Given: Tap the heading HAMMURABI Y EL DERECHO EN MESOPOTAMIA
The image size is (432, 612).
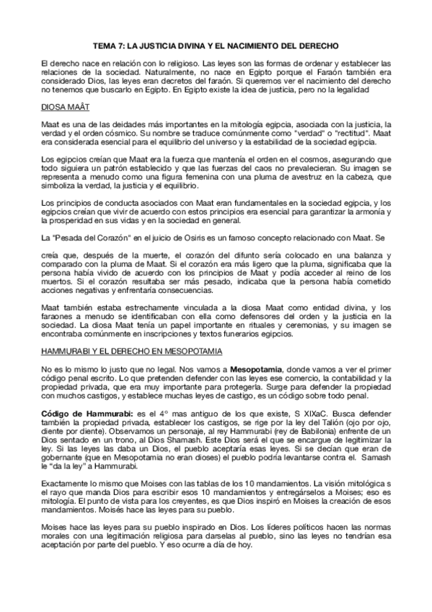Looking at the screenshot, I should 132,351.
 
